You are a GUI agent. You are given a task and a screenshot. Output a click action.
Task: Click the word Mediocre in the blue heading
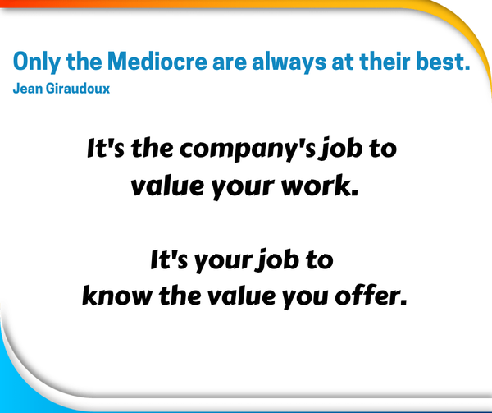(157, 61)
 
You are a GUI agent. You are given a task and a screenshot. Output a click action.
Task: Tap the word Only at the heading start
(37, 62)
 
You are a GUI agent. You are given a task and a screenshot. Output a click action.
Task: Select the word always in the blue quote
(289, 62)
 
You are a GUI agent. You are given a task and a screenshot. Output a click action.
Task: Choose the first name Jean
(28, 89)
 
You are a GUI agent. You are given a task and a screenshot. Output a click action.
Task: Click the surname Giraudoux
(78, 89)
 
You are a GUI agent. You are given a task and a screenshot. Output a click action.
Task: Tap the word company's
(248, 149)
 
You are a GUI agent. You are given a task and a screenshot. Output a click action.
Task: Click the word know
(117, 296)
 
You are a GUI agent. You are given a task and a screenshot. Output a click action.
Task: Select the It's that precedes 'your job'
(169, 259)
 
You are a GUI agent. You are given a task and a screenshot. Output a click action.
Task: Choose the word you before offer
(306, 298)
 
